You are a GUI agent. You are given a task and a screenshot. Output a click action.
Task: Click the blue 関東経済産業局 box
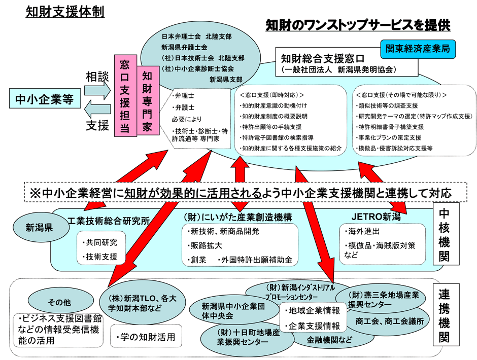click(418, 49)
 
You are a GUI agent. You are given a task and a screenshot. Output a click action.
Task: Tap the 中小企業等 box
click(45, 98)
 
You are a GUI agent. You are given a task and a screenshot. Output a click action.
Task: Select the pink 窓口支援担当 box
click(125, 95)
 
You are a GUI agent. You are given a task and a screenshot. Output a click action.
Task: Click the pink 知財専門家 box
click(148, 100)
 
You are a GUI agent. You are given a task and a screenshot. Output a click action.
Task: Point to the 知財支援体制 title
click(65, 12)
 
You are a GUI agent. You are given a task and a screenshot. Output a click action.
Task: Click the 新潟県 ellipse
click(41, 227)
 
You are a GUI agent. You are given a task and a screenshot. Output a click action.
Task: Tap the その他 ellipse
click(60, 301)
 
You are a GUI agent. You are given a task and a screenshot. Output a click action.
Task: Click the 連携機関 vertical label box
click(445, 315)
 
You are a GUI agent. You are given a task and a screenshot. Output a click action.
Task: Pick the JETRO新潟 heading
click(376, 217)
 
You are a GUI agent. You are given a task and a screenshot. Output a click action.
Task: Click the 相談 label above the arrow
click(97, 77)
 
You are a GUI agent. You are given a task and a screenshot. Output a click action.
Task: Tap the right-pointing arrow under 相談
click(97, 90)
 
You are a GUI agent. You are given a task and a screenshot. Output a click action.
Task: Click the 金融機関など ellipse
click(329, 340)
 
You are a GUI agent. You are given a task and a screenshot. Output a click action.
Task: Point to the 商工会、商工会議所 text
click(389, 321)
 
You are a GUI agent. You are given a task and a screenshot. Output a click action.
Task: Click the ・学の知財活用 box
click(146, 336)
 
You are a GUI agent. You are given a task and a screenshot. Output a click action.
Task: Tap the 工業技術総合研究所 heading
click(109, 221)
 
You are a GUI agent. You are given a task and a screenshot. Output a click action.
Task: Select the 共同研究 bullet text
click(100, 242)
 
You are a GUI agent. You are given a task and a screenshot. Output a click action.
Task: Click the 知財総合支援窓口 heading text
click(323, 58)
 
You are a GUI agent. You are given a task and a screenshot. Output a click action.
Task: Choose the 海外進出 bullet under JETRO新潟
click(362, 231)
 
